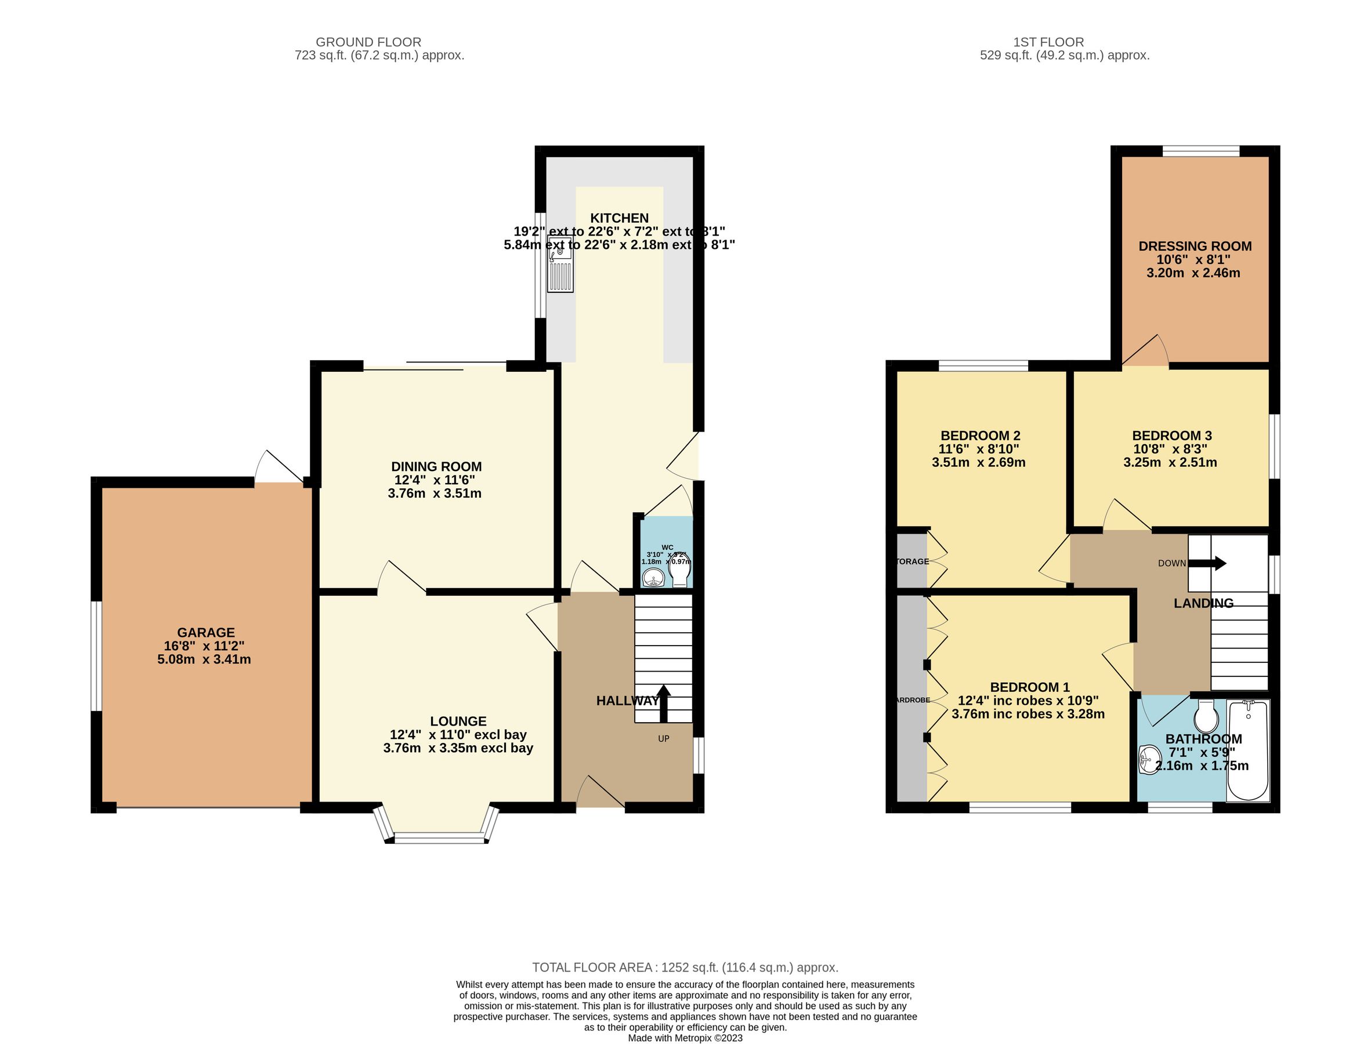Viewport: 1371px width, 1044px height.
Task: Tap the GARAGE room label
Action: [x=206, y=633]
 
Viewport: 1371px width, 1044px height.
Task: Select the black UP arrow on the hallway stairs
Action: [x=664, y=703]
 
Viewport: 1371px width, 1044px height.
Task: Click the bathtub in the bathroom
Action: [x=1248, y=750]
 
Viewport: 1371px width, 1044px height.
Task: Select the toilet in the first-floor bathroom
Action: [x=1206, y=717]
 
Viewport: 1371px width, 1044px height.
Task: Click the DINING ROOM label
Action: [x=436, y=467]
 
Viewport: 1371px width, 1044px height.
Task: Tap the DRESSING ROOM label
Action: [x=1195, y=246]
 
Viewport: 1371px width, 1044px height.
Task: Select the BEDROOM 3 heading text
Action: [x=1171, y=436]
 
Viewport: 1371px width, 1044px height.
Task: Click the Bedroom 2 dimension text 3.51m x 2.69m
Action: [x=978, y=462]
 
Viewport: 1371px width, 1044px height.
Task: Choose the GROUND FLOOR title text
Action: [x=368, y=42]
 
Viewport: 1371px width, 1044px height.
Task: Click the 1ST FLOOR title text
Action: [x=1048, y=42]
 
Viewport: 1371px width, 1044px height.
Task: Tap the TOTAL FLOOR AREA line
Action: [x=685, y=967]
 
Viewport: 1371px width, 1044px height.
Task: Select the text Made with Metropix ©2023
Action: [x=685, y=1038]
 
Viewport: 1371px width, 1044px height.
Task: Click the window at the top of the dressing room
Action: [x=1200, y=150]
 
